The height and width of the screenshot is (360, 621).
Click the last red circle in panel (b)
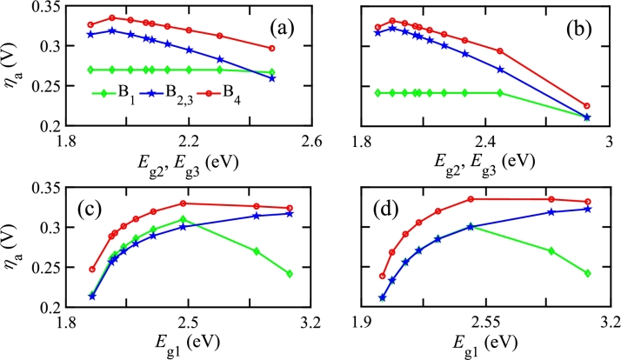586,105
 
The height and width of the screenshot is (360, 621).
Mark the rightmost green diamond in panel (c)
290,274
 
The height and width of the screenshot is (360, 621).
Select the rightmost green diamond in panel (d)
588,273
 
